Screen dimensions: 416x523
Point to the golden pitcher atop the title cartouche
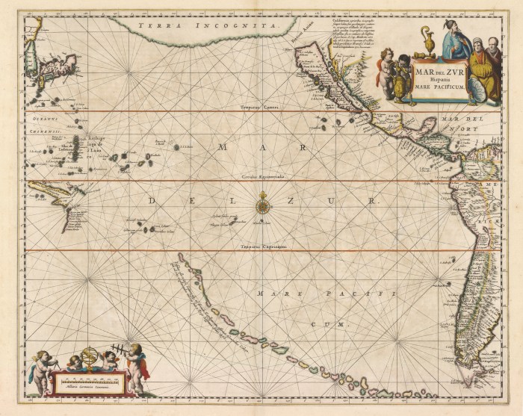tap(428, 43)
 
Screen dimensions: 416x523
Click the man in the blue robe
tap(455, 40)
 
